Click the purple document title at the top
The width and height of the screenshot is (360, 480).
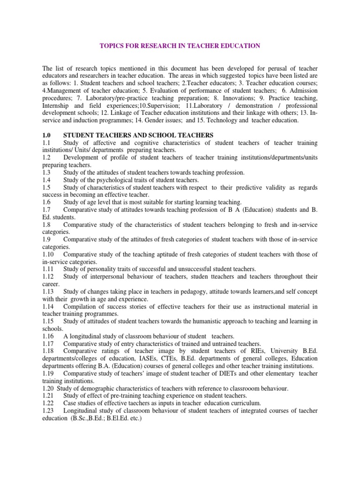pos(180,46)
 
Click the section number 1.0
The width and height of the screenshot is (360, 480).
pos(46,135)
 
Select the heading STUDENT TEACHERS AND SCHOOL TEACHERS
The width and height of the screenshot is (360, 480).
pos(138,135)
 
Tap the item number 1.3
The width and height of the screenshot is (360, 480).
pos(46,172)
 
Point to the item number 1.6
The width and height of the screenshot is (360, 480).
pos(46,202)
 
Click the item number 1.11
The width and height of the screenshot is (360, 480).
pos(48,269)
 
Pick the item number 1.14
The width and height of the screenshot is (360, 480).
pos(48,307)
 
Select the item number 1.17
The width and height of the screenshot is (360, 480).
pos(48,344)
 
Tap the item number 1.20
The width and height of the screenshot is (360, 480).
pos(48,389)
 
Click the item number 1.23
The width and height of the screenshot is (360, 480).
pos(48,411)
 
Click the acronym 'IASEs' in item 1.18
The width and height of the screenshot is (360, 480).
pos(143,359)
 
